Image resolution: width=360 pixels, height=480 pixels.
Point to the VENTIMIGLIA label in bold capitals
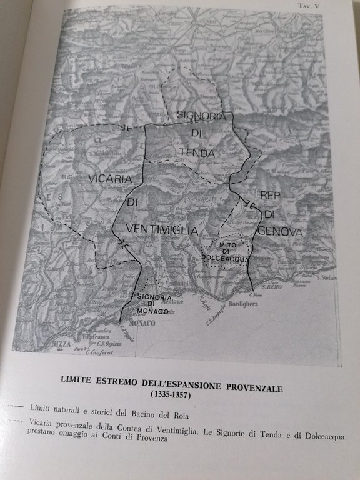click(161, 231)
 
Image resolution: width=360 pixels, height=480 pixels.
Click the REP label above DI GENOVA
click(272, 194)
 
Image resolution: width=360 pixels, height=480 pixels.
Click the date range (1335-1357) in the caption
click(171, 396)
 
